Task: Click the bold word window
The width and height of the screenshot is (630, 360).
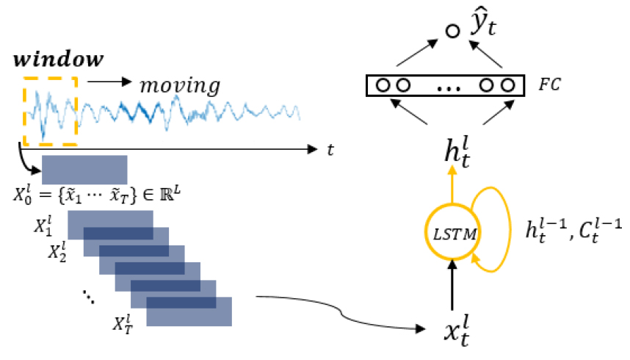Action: pyautogui.click(x=59, y=59)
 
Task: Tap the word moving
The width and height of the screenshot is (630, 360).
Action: pyautogui.click(x=180, y=86)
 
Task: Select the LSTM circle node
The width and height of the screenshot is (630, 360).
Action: pyautogui.click(x=453, y=232)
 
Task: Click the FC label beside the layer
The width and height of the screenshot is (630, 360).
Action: pyautogui.click(x=550, y=84)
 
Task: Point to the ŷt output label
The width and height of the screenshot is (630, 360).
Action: pyautogui.click(x=484, y=22)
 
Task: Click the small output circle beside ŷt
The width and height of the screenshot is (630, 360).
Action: pyautogui.click(x=453, y=31)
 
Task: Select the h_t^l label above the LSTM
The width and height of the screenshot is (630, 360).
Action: pyautogui.click(x=457, y=152)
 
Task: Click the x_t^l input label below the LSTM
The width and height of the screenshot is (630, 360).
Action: pyautogui.click(x=457, y=331)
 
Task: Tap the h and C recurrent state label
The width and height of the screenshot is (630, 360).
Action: pyautogui.click(x=573, y=231)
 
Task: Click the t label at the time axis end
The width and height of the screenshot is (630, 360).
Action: pyautogui.click(x=330, y=150)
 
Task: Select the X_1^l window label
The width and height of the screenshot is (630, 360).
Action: pyautogui.click(x=43, y=226)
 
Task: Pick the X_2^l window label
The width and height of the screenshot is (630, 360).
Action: pyautogui.click(x=57, y=252)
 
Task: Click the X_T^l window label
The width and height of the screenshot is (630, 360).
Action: pyautogui.click(x=123, y=325)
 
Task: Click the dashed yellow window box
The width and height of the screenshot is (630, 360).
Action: pyautogui.click(x=23, y=111)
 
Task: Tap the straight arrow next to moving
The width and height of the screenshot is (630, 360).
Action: pyautogui.click(x=109, y=82)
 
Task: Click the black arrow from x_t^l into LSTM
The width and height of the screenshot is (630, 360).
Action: pyautogui.click(x=452, y=285)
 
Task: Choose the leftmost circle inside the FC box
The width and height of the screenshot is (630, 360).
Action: pyautogui.click(x=383, y=85)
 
